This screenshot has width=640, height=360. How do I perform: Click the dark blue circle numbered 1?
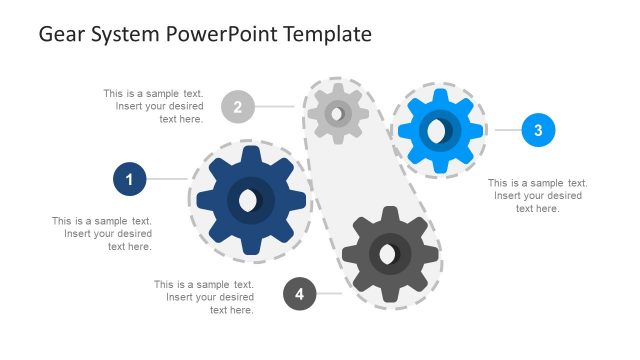tap(130, 180)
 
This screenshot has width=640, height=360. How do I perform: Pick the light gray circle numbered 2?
tap(237, 106)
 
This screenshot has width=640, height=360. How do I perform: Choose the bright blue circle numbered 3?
tap(538, 130)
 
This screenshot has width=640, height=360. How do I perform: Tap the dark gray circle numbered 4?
tap(299, 294)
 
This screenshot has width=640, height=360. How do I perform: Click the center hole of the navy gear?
tap(249, 200)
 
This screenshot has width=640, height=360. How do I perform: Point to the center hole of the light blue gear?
tap(437, 130)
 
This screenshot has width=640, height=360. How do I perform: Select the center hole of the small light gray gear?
tap(338, 114)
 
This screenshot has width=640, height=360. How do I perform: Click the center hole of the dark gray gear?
tap(390, 255)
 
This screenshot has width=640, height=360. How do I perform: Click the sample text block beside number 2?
tap(154, 106)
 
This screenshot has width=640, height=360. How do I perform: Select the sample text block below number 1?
tap(102, 234)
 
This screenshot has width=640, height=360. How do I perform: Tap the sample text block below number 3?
tap(538, 196)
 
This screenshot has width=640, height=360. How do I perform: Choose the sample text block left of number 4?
tap(204, 297)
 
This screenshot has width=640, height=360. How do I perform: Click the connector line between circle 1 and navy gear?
tap(168, 180)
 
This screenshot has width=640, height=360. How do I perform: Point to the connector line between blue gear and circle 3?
tap(506, 130)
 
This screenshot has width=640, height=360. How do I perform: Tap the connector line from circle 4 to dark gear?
tap(331, 294)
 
